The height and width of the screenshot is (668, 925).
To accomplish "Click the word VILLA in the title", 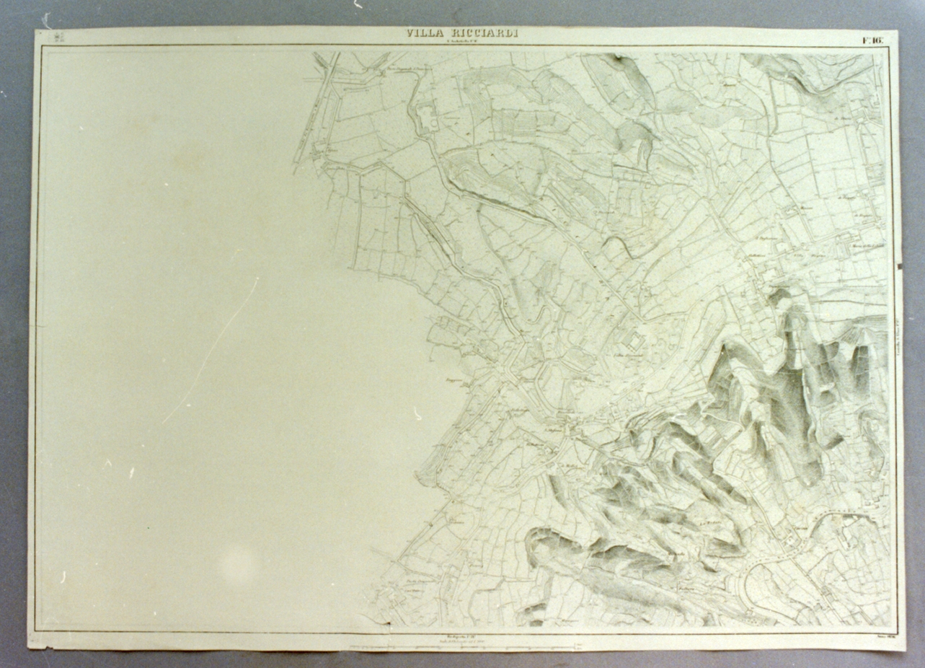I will tap(422, 33).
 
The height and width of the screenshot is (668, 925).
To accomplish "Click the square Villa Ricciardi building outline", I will tap(635, 341).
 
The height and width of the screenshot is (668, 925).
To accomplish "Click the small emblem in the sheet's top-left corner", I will tap(59, 37).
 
